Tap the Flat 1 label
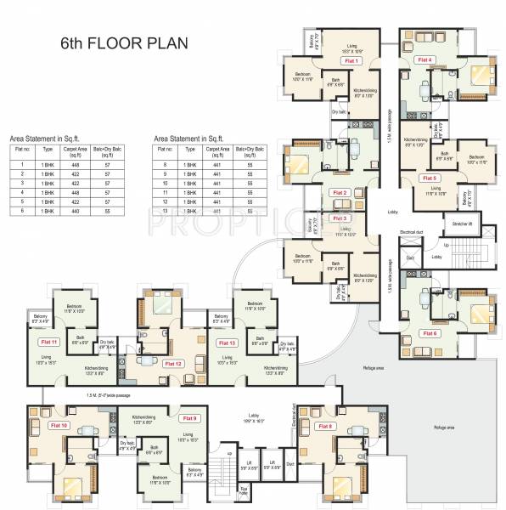(350, 61)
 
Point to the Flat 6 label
(430, 332)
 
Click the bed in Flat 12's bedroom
(162, 309)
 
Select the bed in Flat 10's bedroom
(71, 486)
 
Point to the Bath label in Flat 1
(334, 82)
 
